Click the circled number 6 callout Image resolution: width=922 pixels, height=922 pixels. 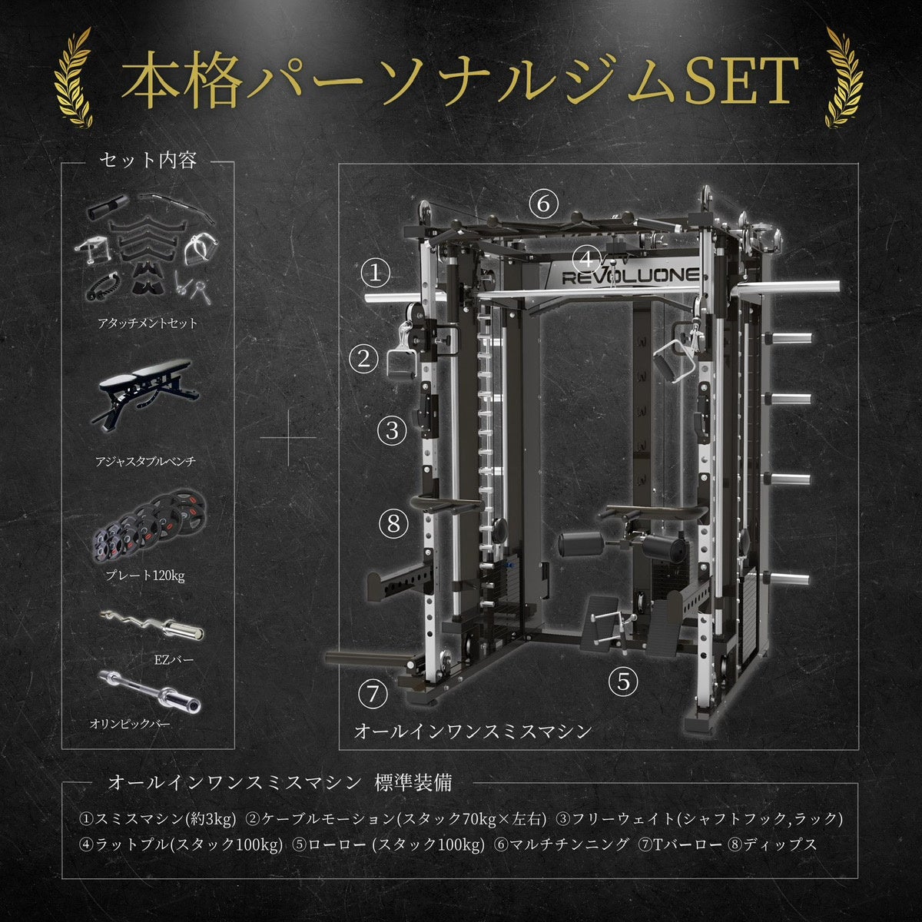pyautogui.click(x=543, y=204)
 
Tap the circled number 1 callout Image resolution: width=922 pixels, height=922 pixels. pyautogui.click(x=376, y=274)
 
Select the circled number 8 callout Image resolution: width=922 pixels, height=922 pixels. pyautogui.click(x=394, y=524)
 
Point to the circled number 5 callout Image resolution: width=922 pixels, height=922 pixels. pyautogui.click(x=623, y=680)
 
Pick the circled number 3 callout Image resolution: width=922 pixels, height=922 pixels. pyautogui.click(x=393, y=430)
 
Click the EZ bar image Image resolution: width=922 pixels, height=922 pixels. pyautogui.click(x=152, y=624)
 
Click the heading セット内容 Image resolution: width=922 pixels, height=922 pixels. pyautogui.click(x=148, y=161)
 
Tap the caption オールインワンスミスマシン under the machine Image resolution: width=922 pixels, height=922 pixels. pyautogui.click(x=473, y=730)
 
